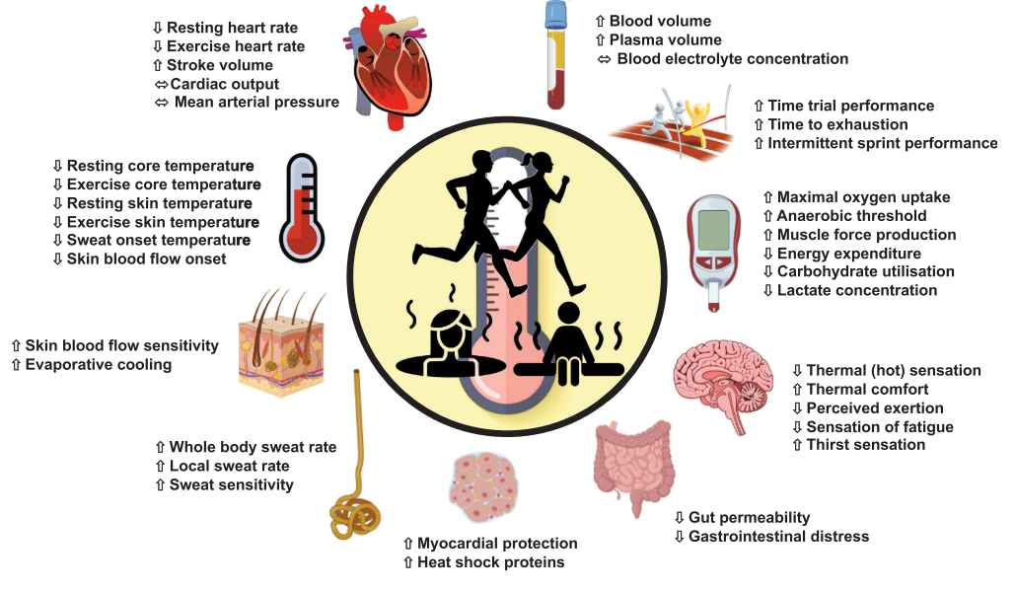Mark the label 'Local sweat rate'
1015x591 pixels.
[229, 466]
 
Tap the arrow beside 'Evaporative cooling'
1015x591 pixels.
[16, 365]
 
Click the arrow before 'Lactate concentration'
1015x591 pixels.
[768, 291]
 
